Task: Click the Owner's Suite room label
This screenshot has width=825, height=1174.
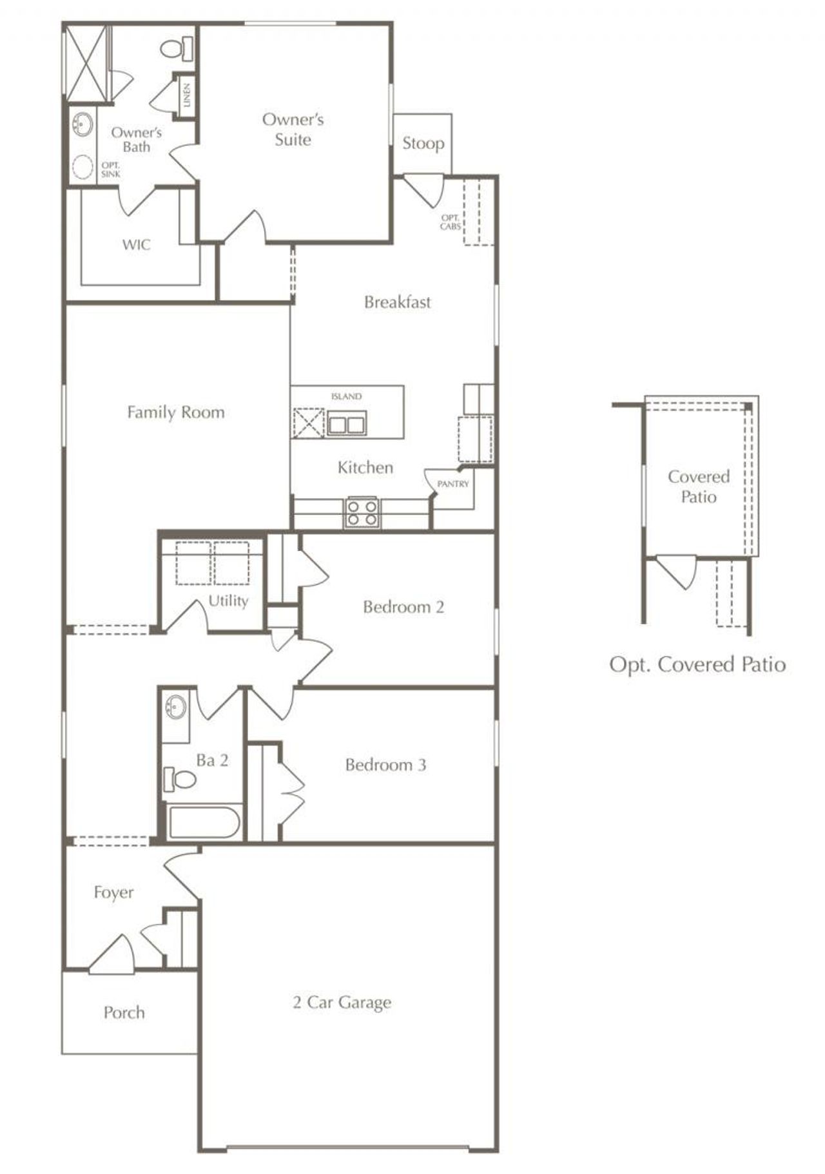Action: [293, 130]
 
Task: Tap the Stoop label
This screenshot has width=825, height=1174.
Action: [423, 144]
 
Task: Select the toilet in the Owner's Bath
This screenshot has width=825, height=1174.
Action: [177, 48]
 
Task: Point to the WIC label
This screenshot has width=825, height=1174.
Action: [136, 245]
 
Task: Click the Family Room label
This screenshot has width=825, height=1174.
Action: [176, 412]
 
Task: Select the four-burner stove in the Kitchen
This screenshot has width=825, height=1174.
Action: [362, 513]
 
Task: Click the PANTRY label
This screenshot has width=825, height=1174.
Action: [453, 484]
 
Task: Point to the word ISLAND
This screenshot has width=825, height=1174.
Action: [346, 397]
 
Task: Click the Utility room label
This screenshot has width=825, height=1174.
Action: [228, 601]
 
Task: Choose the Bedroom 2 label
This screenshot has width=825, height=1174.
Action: [403, 607]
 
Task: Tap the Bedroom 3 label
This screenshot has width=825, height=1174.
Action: [385, 765]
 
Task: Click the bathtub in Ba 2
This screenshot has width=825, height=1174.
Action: [204, 822]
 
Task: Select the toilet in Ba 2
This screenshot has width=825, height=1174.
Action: [180, 779]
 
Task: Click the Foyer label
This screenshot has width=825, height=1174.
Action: [114, 893]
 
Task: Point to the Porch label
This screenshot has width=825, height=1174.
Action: [124, 1013]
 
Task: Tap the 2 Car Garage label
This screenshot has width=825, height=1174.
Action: [342, 1003]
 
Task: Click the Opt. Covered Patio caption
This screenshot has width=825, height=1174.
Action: [698, 665]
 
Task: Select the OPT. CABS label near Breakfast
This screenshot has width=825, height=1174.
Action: [451, 222]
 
